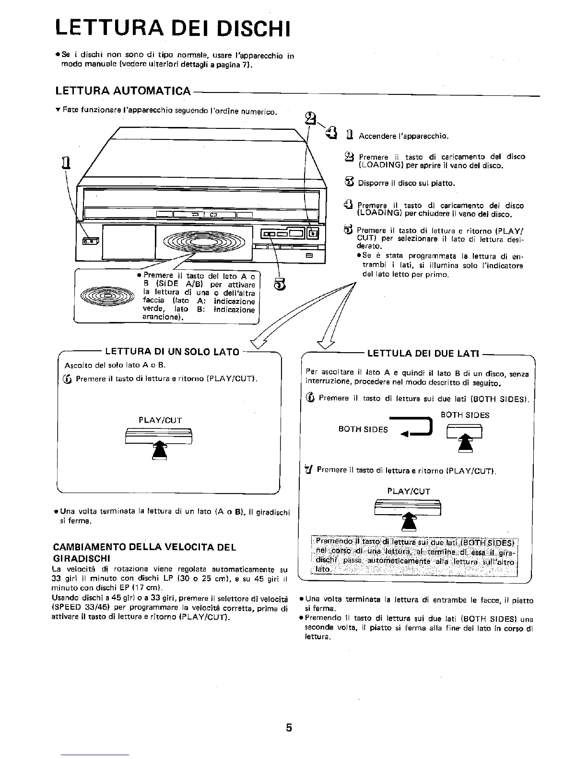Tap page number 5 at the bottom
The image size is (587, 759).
(289, 728)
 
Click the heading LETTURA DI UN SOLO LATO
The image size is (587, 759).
(172, 352)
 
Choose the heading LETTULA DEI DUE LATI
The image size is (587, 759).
(423, 354)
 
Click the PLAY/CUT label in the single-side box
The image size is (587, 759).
(160, 420)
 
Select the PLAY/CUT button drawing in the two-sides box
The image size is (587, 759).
(408, 506)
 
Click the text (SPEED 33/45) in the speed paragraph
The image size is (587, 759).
(79, 609)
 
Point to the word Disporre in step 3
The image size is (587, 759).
(372, 183)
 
